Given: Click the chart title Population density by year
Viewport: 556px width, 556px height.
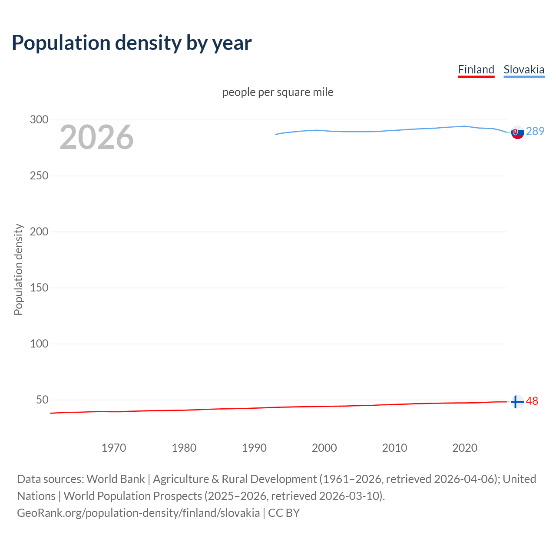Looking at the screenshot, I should [x=132, y=43].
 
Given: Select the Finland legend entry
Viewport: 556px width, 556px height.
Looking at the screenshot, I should [x=476, y=69].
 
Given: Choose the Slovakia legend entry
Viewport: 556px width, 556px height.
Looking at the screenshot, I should [x=524, y=69].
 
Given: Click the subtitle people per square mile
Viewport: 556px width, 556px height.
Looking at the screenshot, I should [x=278, y=92].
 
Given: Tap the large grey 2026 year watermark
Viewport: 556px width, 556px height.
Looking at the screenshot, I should [x=96, y=137].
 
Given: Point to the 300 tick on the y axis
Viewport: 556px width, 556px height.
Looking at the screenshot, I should [x=39, y=120].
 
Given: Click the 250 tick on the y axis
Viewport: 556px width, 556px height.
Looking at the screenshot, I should [x=39, y=176].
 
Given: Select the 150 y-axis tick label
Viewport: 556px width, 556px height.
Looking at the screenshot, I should [x=39, y=288].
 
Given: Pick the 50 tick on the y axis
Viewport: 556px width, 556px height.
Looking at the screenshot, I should [x=42, y=400].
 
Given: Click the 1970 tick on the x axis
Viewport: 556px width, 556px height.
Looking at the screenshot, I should [x=114, y=448].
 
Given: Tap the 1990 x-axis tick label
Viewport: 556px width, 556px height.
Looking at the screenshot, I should [x=254, y=448].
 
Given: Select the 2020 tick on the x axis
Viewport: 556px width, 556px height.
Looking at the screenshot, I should [x=465, y=448].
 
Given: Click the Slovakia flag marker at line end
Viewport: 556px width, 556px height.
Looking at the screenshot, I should [x=517, y=132].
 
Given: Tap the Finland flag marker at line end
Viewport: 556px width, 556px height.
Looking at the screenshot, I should [x=517, y=402].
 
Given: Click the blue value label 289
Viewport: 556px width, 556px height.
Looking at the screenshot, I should [x=535, y=131].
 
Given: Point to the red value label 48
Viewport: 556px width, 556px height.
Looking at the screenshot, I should [x=532, y=401].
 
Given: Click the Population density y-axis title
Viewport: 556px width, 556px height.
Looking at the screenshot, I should [x=18, y=269].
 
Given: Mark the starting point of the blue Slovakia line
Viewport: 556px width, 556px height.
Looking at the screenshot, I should [x=275, y=134].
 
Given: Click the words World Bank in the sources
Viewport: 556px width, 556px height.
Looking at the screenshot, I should [x=116, y=479].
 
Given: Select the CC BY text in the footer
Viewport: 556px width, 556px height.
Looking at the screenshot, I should [x=284, y=513].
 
